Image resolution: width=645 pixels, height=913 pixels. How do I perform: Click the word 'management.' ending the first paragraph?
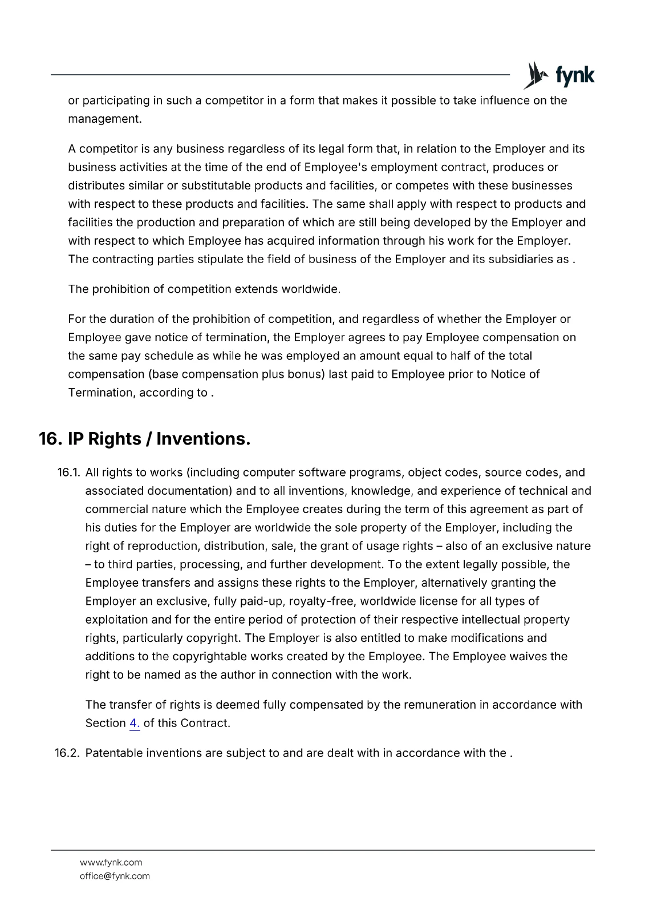coord(104,119)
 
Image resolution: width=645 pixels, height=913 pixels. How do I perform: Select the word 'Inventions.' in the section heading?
coord(204,439)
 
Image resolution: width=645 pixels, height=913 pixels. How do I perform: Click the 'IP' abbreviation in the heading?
coord(76,439)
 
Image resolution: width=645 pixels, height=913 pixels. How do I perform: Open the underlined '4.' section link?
coord(135,724)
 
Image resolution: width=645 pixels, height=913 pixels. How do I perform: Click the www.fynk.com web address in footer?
coord(111,862)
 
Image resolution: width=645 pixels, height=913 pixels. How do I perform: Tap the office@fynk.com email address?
coord(115,876)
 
